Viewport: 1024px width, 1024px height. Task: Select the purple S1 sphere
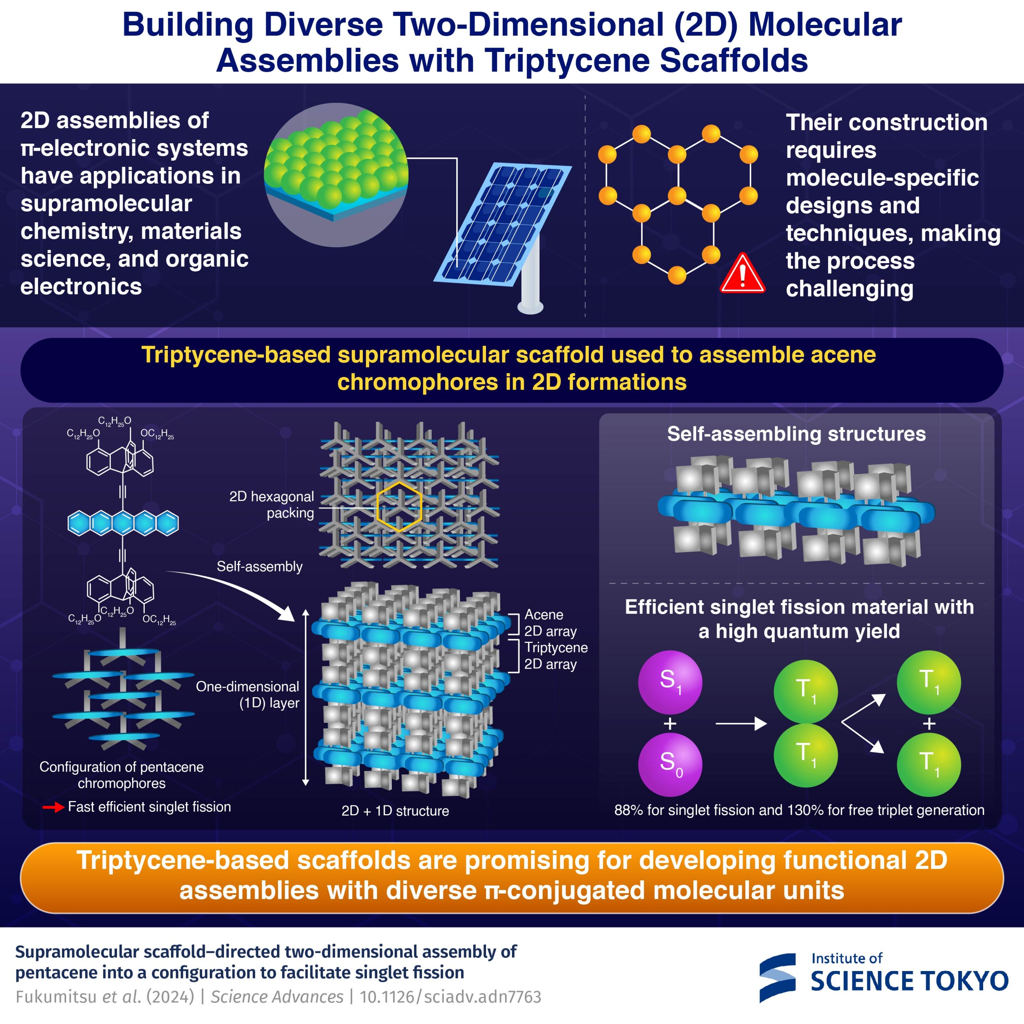coord(670,682)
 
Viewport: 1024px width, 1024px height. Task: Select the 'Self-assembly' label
coord(260,567)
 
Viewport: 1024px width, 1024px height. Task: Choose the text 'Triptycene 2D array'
coord(555,656)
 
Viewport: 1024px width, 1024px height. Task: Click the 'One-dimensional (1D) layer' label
coord(247,694)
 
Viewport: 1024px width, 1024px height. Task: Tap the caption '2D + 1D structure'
coord(395,811)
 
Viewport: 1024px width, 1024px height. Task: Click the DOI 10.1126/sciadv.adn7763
coord(450,997)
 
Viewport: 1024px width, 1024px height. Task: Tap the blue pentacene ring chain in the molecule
coord(123,523)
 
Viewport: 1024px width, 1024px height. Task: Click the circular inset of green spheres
coord(336,175)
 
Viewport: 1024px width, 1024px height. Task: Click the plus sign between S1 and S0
coord(670,724)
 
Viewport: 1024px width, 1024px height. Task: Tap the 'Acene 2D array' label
coord(550,623)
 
